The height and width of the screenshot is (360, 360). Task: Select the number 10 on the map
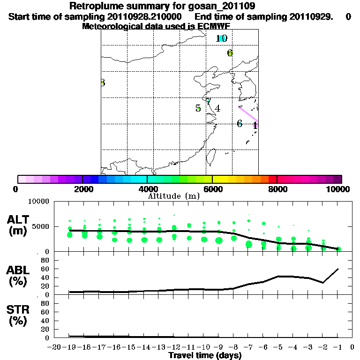tap(222, 38)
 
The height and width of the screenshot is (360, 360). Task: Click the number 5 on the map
tap(198, 108)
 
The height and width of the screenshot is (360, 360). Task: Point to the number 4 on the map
tap(217, 109)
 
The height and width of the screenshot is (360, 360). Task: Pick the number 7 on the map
tap(209, 102)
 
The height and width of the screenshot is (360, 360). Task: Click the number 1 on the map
tap(255, 125)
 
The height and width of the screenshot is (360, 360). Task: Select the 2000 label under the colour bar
tap(82, 189)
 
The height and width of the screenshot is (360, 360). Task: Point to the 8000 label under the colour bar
tap(277, 189)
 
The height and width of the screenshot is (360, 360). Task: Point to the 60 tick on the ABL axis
tap(45, 269)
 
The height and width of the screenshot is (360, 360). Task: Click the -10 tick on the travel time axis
tap(204, 347)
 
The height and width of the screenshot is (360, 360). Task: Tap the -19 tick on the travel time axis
tap(70, 347)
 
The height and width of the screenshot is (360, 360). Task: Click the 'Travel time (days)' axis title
tap(205, 355)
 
